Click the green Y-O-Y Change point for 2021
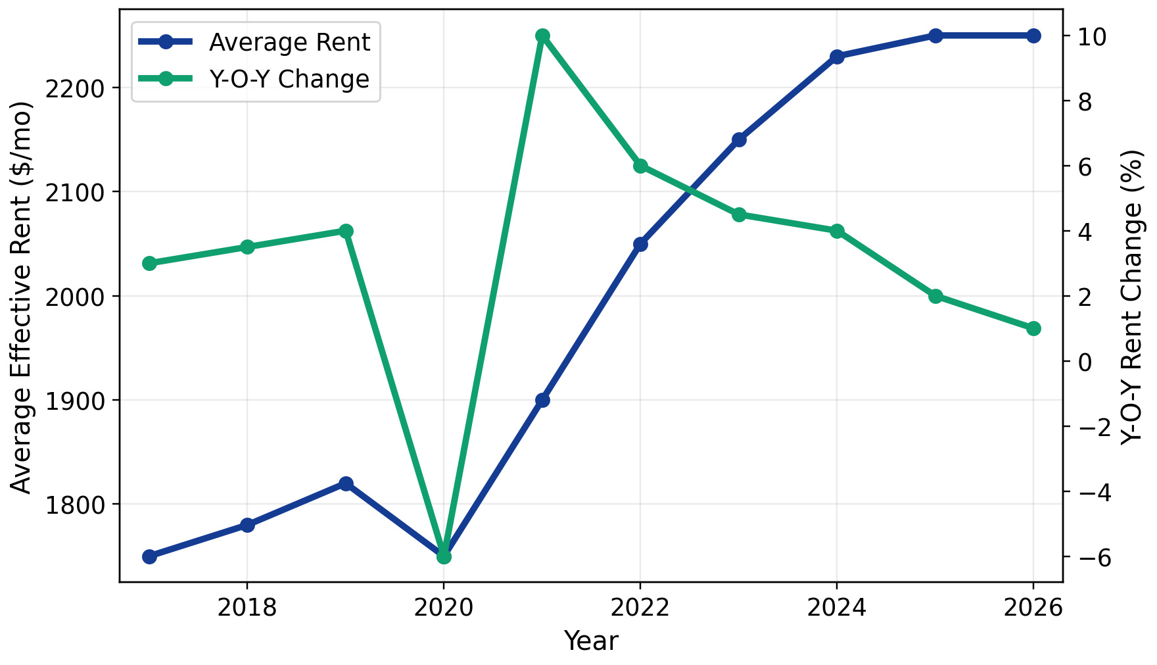click(x=542, y=36)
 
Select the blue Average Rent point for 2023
click(x=739, y=139)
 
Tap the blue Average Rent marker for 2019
click(x=346, y=483)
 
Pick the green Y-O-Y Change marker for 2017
click(x=149, y=263)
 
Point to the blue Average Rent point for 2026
click(x=1033, y=36)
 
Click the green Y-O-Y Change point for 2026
click(x=1033, y=328)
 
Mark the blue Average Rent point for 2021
click(x=542, y=400)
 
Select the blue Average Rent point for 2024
click(x=837, y=57)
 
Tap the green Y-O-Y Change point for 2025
click(x=935, y=296)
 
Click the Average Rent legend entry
click(x=289, y=43)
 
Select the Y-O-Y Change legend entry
click(x=289, y=79)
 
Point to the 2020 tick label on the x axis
click(x=443, y=608)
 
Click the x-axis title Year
click(x=591, y=641)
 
